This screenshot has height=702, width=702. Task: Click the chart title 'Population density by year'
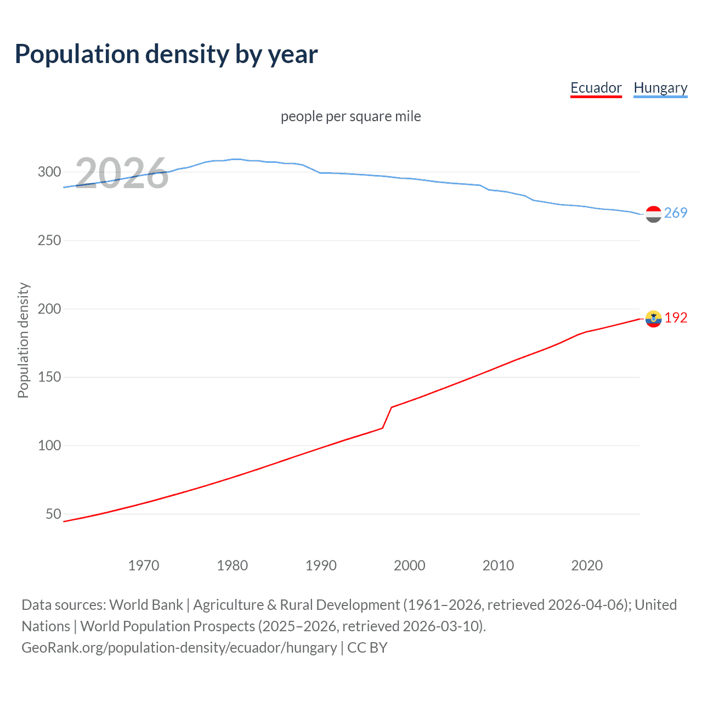166,54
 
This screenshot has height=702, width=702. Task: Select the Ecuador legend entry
596,88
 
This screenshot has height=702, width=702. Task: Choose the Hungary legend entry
660,88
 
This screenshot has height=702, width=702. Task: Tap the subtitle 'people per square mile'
350,116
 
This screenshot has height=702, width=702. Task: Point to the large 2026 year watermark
121,173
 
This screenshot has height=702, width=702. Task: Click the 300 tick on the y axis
49,172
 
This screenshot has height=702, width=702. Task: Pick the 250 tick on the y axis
49,240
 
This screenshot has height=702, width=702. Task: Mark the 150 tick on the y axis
49,377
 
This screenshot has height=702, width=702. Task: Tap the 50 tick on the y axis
53,514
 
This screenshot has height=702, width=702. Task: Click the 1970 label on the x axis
144,565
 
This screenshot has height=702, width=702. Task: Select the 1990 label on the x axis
321,565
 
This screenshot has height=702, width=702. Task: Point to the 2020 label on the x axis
587,565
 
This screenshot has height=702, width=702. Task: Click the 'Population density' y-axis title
23,340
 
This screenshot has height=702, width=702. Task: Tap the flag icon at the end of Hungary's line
653,214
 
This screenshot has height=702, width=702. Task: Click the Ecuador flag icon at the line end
653,319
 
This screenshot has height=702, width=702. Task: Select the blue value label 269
676,213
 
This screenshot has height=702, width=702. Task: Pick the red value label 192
676,318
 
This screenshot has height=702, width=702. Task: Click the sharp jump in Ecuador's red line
387,417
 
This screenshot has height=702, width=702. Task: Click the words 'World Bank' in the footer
146,604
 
